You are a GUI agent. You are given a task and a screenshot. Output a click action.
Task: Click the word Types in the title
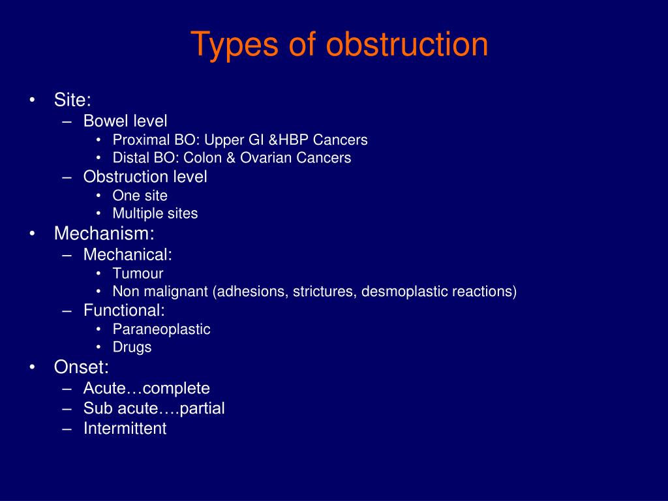pos(235,45)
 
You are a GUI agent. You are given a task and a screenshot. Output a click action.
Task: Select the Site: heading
pos(72,100)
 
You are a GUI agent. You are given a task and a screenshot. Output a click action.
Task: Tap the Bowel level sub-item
pos(125,121)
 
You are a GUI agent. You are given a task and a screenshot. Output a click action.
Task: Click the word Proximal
pos(142,140)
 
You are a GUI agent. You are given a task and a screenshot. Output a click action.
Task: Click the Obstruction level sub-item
pos(145,176)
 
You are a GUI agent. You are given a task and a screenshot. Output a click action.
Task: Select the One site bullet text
pos(140,196)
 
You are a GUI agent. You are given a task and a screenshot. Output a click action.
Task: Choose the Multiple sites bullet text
pos(155,213)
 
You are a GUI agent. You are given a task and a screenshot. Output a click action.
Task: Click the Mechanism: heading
pos(104,233)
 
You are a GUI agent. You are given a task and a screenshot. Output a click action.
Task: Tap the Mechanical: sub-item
pos(127,254)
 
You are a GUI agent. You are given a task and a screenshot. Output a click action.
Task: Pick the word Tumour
pos(138,273)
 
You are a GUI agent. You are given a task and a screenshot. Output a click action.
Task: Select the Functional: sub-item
pos(124,310)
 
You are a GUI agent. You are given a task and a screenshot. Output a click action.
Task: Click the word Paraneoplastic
pos(162,329)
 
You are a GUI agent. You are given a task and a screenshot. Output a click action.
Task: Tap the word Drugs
pos(132,347)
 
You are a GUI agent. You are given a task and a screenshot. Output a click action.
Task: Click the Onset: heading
pos(82,367)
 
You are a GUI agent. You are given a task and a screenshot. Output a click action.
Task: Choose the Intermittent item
pos(125,428)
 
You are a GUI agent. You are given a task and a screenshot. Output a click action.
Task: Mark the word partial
pos(202,408)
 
